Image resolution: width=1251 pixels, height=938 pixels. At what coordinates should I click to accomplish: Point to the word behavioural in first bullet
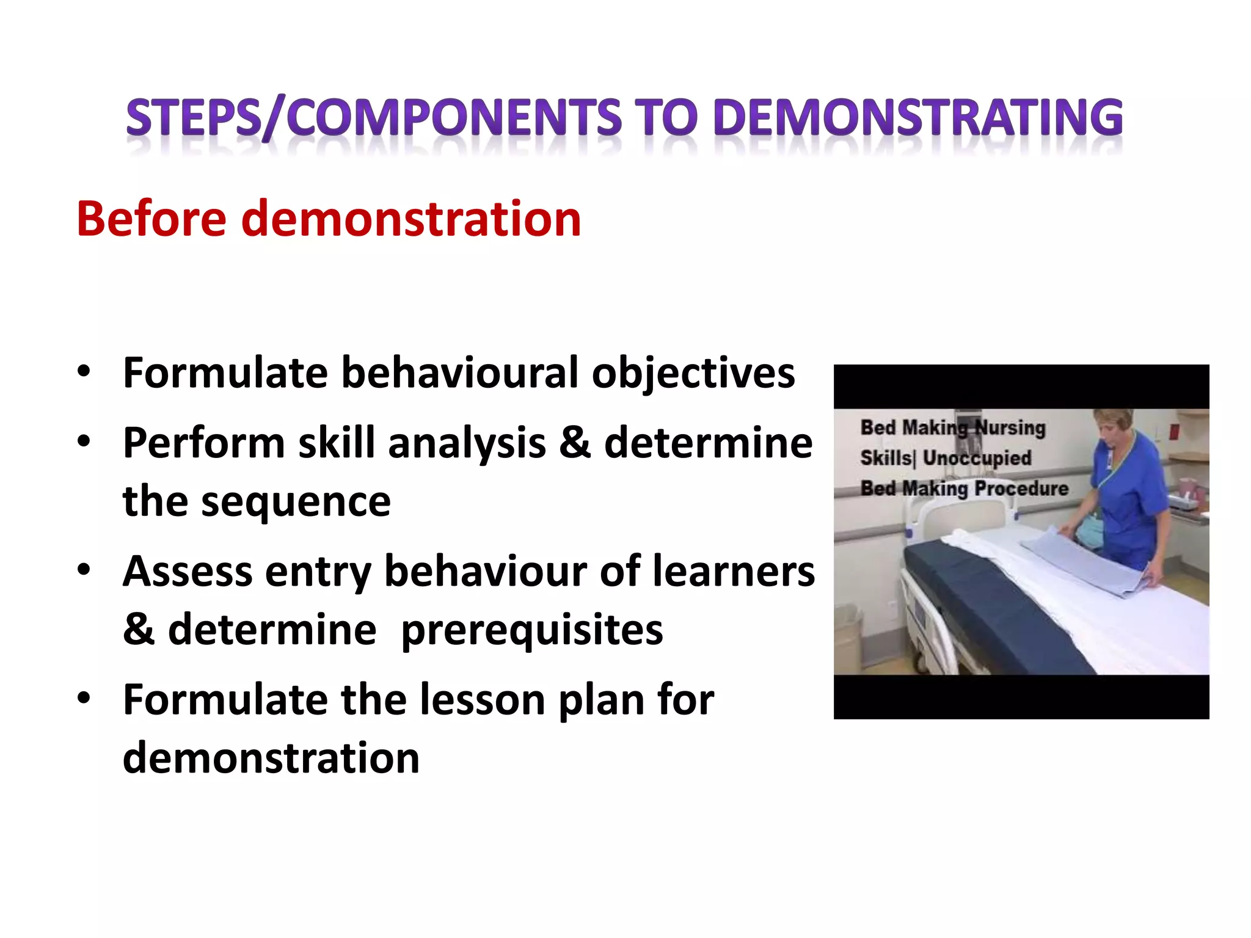pyautogui.click(x=459, y=373)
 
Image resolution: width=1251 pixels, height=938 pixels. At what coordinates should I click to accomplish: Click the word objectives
pyautogui.click(x=693, y=374)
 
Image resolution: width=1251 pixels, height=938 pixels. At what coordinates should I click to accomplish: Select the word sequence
pyautogui.click(x=296, y=502)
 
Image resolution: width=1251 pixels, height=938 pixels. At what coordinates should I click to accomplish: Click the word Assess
pyautogui.click(x=186, y=572)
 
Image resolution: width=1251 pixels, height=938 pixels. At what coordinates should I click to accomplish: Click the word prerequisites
pyautogui.click(x=531, y=630)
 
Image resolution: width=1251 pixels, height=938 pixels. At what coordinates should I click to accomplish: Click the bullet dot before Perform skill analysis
pyautogui.click(x=84, y=441)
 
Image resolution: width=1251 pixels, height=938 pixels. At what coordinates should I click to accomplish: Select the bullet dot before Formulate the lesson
pyautogui.click(x=84, y=697)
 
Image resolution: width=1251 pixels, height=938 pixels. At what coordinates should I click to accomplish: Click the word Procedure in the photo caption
pyautogui.click(x=1021, y=489)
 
